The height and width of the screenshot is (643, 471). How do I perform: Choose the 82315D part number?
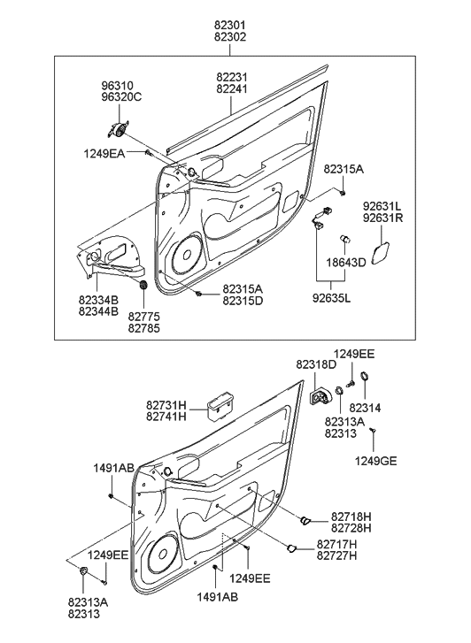tap(242, 301)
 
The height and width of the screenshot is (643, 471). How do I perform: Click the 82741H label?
tap(166, 417)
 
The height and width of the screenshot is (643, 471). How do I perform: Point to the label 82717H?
tap(336, 543)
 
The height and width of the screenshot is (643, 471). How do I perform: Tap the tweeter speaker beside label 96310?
tap(115, 130)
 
